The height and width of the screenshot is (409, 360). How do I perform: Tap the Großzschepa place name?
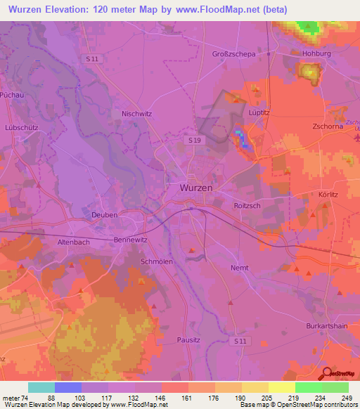tap(233, 53)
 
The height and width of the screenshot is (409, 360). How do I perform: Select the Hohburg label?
tap(314, 52)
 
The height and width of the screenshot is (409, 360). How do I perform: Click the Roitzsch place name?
tap(247, 205)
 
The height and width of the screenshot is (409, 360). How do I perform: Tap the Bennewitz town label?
tap(130, 240)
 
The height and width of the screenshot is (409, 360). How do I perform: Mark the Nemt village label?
tap(240, 268)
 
